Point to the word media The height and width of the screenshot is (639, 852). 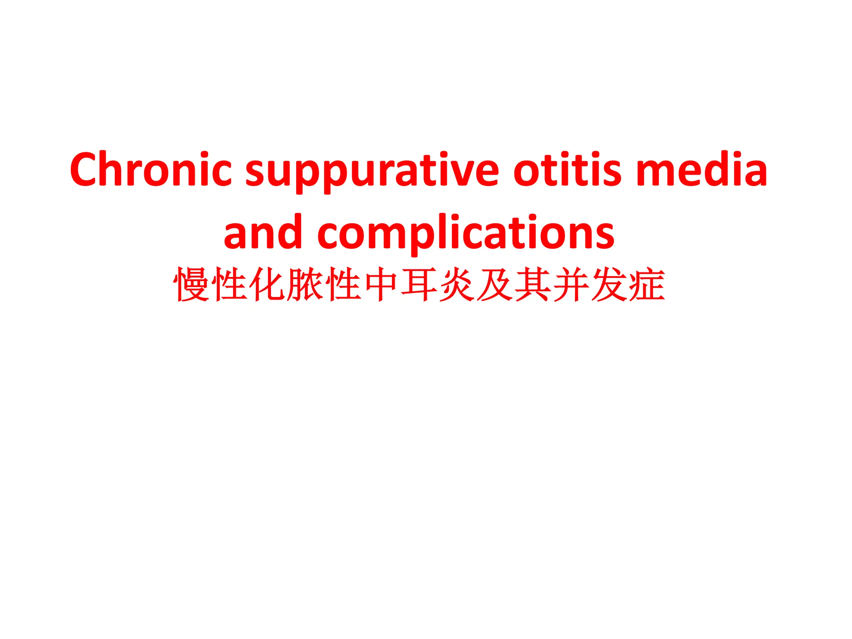(702, 170)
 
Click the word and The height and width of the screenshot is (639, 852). (263, 233)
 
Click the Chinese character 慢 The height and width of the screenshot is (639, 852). (191, 285)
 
